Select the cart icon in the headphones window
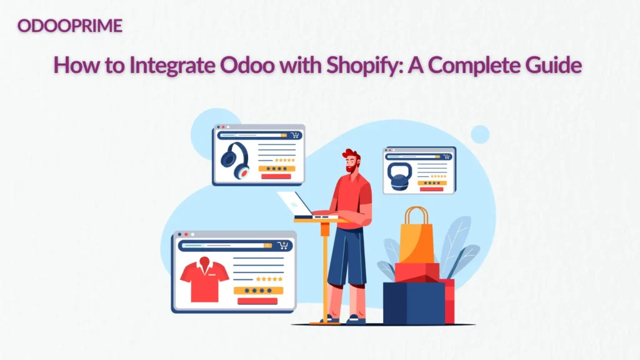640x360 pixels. [x=294, y=135]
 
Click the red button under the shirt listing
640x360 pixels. [x=257, y=301]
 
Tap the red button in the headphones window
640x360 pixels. [x=276, y=177]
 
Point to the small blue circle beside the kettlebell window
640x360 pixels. [x=479, y=134]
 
